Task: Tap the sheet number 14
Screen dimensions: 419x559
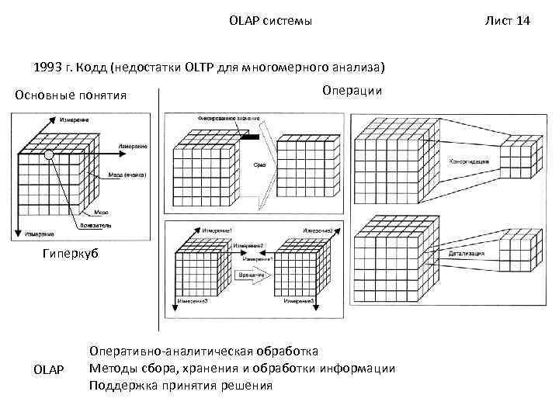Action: point(523,21)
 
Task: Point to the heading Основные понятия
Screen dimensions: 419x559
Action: point(71,95)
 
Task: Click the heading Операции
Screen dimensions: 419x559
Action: point(352,91)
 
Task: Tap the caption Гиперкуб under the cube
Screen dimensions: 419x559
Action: point(71,255)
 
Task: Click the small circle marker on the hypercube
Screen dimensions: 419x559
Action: point(48,155)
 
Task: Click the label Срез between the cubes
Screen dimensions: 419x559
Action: point(259,165)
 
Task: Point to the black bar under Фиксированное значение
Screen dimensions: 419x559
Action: point(249,137)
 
